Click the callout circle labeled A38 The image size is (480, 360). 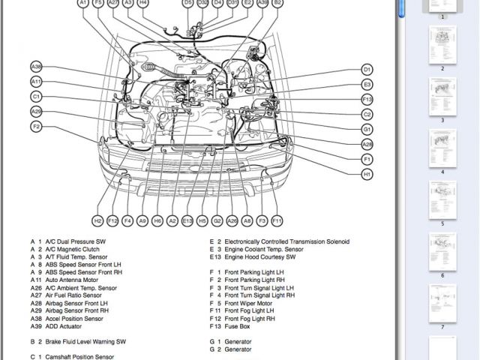(x=36, y=66)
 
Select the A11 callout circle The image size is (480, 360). (x=36, y=81)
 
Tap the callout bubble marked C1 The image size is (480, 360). (x=36, y=96)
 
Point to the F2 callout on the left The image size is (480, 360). (x=36, y=127)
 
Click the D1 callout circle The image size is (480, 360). (x=367, y=70)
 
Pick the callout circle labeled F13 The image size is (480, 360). (x=367, y=99)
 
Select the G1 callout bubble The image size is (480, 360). (x=367, y=129)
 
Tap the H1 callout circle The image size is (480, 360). (x=367, y=174)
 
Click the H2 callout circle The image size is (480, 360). (x=97, y=220)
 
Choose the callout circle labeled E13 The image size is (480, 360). (x=187, y=220)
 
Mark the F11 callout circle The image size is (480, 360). (x=277, y=220)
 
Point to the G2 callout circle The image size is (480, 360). (x=217, y=220)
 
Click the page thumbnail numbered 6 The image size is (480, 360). (x=442, y=253)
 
